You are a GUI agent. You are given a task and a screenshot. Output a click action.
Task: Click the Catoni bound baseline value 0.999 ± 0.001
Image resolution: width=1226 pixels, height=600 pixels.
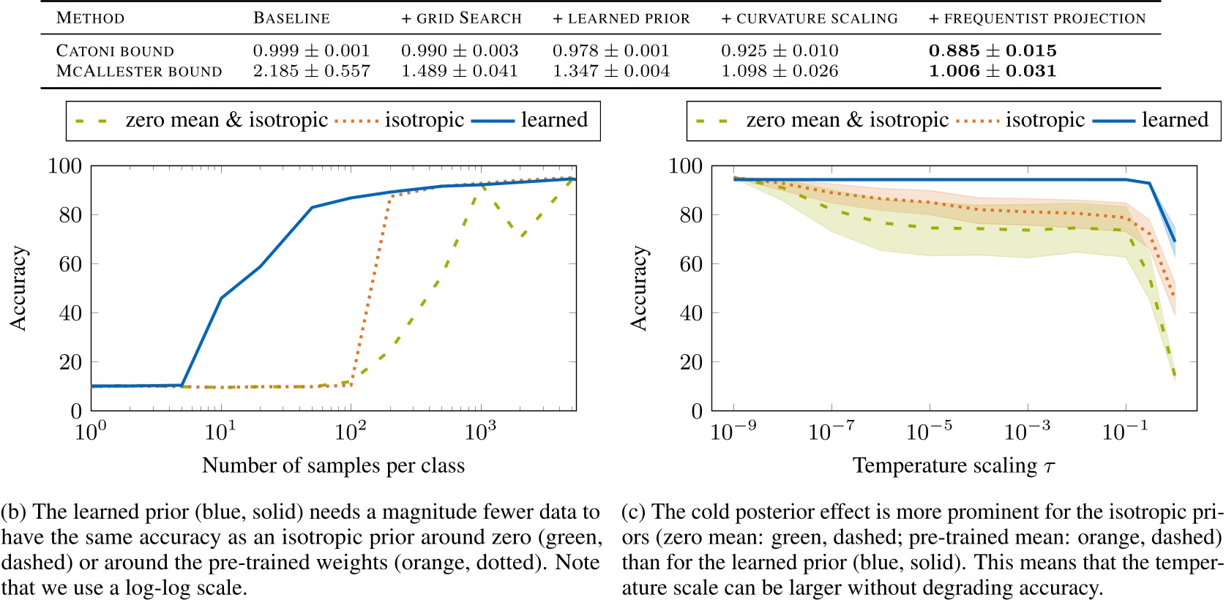(311, 50)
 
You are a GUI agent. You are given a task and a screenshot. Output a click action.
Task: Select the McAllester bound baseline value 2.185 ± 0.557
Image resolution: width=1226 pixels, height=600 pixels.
(311, 71)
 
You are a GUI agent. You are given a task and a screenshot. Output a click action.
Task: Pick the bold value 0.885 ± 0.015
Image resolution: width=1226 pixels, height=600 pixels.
(993, 50)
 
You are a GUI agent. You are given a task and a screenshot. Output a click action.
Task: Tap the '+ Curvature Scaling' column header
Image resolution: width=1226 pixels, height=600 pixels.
(810, 18)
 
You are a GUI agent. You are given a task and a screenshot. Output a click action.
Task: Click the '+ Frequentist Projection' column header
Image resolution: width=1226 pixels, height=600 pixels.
(1037, 18)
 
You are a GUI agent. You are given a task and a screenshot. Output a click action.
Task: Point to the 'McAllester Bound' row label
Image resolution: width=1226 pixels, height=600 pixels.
(139, 71)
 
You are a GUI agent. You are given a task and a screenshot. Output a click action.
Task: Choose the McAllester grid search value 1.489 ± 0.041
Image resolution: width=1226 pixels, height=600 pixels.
(459, 71)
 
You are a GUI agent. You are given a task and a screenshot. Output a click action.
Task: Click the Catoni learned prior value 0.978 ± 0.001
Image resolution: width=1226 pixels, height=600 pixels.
(610, 50)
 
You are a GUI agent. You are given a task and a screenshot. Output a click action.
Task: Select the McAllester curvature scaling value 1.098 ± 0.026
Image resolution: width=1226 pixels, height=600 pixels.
(780, 71)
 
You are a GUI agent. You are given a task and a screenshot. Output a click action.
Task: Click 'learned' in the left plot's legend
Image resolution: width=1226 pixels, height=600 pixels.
(554, 120)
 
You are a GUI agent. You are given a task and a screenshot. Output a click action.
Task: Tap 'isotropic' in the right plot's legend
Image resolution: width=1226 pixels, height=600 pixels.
(1044, 120)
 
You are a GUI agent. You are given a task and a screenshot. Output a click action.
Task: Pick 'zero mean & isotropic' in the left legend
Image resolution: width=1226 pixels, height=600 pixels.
(226, 120)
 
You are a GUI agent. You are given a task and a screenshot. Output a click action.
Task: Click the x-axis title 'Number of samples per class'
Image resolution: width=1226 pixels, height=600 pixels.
(333, 465)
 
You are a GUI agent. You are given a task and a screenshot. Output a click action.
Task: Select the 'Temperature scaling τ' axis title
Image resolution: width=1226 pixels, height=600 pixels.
(954, 465)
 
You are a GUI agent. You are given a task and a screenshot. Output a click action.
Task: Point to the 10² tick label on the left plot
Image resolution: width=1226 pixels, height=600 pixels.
(351, 432)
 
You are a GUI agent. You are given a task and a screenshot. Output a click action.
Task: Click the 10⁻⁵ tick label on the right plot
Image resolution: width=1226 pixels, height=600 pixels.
(929, 432)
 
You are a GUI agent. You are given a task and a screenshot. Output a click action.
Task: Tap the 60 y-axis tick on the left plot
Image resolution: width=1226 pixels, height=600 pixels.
(70, 263)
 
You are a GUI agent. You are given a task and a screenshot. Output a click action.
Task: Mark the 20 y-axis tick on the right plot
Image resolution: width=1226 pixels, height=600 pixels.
(691, 361)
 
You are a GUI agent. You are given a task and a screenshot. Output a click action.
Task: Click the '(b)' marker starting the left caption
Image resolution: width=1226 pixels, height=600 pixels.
(15, 512)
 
